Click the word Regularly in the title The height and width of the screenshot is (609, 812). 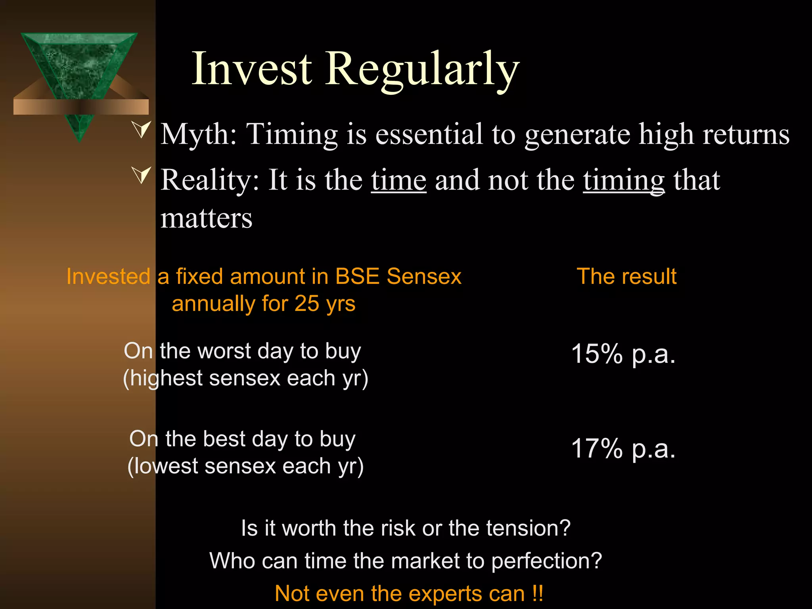pos(422,69)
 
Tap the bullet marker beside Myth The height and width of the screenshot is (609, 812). pos(142,130)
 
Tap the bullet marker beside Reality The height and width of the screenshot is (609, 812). pos(142,175)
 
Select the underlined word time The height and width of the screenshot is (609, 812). pos(398,180)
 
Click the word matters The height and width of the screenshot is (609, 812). pos(206,219)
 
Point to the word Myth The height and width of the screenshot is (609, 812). pos(199,135)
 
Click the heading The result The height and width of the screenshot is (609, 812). pos(626,276)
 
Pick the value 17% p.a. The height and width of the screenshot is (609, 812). pos(623,448)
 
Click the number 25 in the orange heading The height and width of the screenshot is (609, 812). pos(306,304)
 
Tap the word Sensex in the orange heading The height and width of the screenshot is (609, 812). pos(424,276)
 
